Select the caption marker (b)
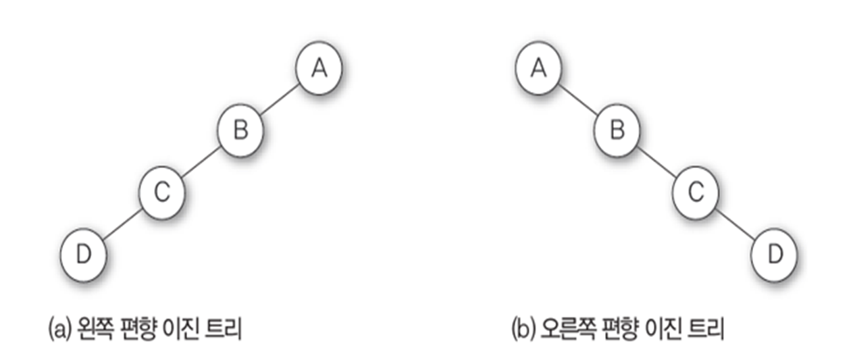(522, 331)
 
